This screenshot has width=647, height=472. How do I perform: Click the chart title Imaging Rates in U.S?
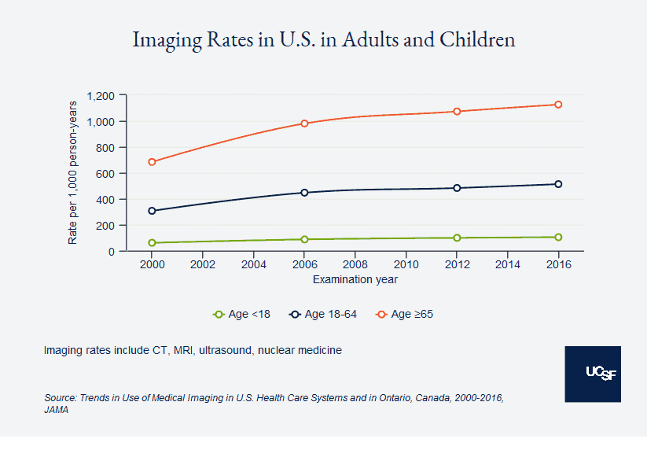[x=323, y=39]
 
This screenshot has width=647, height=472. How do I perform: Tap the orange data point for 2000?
[x=152, y=162]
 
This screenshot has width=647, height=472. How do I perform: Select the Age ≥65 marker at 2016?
[x=558, y=105]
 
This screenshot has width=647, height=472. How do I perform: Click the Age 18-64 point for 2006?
[x=304, y=193]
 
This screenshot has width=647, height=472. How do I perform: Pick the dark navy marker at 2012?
[x=457, y=188]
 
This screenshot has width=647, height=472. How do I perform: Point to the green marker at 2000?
[x=152, y=243]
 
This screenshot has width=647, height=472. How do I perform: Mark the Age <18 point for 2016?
[x=558, y=237]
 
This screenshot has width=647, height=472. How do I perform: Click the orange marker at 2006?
[x=304, y=124]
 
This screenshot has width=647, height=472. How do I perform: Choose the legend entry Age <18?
[x=242, y=315]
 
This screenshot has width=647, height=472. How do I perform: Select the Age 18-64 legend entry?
[x=323, y=315]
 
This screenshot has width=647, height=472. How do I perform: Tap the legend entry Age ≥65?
[x=405, y=315]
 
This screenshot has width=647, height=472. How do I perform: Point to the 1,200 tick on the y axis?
[x=101, y=96]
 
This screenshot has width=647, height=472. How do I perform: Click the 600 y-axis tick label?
[x=106, y=174]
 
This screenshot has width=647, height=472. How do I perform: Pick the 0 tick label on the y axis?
[x=112, y=252]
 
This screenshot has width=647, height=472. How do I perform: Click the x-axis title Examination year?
[x=355, y=279]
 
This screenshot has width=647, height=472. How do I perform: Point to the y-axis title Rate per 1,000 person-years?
[x=73, y=172]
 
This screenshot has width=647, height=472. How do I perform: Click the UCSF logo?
[x=593, y=374]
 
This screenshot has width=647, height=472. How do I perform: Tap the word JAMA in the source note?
[x=56, y=410]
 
